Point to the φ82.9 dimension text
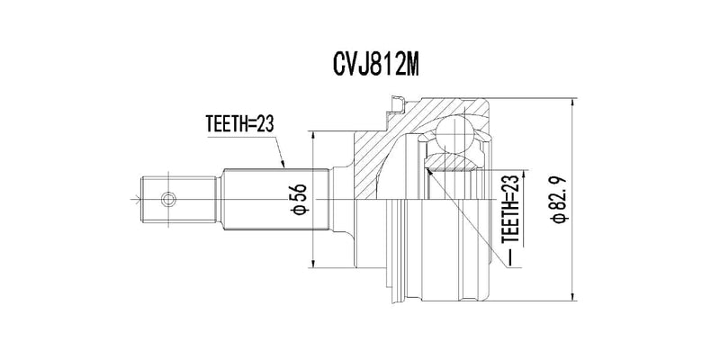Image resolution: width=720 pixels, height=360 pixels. (x=558, y=200)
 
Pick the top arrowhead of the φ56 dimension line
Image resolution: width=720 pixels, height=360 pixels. (x=312, y=135)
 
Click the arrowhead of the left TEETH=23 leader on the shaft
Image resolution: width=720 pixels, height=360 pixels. (x=283, y=166)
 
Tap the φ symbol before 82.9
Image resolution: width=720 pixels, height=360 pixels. (x=558, y=217)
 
